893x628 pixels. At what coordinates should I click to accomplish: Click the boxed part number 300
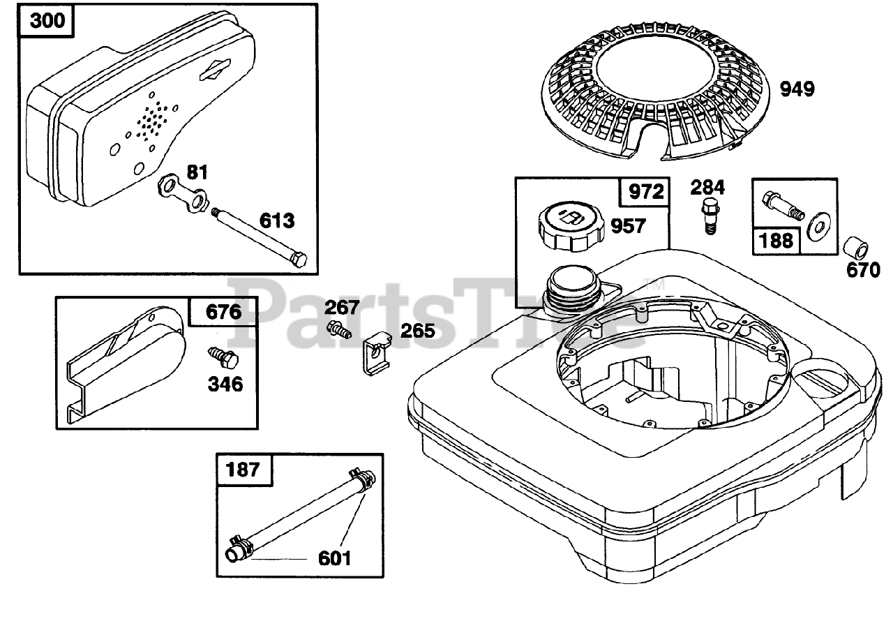(49, 21)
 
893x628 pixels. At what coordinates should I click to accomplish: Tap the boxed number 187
(243, 469)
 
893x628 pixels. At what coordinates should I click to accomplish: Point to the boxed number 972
(646, 191)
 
